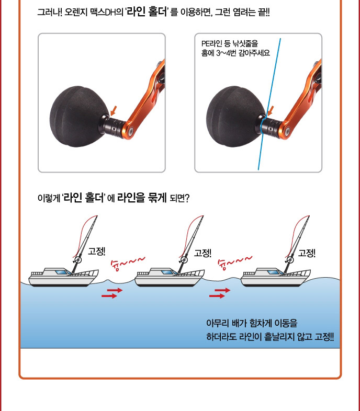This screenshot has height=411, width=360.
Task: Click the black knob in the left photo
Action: (x=78, y=117)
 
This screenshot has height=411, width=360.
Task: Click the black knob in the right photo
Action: (x=235, y=117)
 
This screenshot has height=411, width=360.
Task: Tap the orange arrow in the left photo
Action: (x=114, y=111)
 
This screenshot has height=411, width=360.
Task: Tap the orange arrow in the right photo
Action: (x=271, y=111)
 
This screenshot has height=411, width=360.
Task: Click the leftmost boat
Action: (x=63, y=277)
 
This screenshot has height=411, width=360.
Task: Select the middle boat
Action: (x=170, y=277)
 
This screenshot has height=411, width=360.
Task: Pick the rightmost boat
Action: (x=276, y=277)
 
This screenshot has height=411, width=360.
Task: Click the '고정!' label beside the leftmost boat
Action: (x=97, y=251)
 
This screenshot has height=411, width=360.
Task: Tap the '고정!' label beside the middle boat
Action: (x=203, y=253)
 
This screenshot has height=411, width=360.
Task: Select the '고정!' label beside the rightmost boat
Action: (x=307, y=253)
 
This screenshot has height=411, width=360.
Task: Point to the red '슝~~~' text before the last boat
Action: (x=235, y=262)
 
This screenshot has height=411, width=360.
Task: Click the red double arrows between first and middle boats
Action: (x=112, y=293)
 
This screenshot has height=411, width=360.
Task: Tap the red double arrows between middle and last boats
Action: (x=220, y=293)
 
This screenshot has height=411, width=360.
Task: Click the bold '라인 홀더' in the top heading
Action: (x=147, y=12)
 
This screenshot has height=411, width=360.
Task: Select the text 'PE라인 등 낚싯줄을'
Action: (x=230, y=43)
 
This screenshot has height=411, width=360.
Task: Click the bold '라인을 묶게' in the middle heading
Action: (x=142, y=198)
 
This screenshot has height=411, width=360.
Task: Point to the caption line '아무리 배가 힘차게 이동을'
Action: (x=252, y=323)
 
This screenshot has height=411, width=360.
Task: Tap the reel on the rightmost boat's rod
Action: (x=289, y=260)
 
